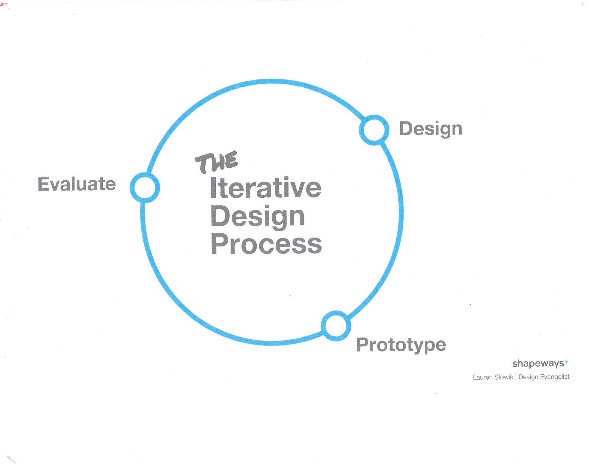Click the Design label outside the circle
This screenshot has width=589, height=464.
point(431,129)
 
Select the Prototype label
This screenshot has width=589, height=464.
point(401,346)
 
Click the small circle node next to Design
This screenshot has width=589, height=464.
point(374,130)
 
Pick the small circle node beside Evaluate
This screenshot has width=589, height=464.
point(145,188)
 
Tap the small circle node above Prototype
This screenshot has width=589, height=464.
point(336,326)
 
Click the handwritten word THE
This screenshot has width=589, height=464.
point(216,163)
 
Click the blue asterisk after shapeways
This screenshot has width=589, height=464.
point(566,362)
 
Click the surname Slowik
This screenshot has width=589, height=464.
point(503,377)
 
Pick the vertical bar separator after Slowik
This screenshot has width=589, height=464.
point(516,377)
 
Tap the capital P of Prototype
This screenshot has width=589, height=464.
point(362,344)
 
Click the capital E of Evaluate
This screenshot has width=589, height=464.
point(43,184)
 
